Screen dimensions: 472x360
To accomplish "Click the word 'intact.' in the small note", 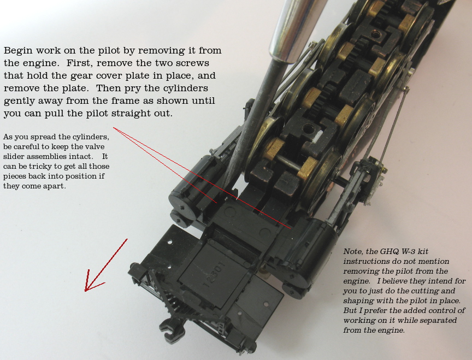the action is (x=81, y=157).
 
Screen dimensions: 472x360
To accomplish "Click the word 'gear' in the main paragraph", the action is (x=81, y=76).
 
